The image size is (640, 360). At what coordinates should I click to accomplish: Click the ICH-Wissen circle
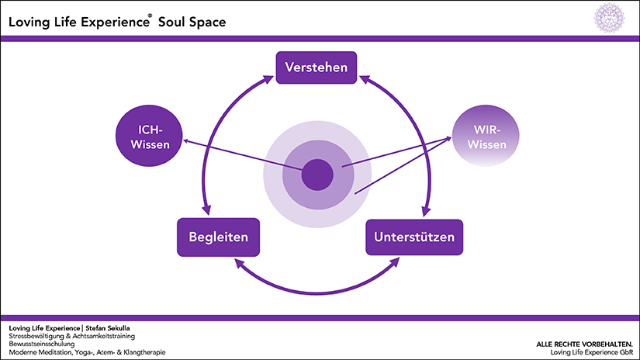[145, 137]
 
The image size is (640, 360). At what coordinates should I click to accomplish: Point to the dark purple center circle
[317, 174]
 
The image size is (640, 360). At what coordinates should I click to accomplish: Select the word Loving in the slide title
[29, 22]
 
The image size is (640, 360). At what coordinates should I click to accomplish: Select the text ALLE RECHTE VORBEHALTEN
[583, 344]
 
